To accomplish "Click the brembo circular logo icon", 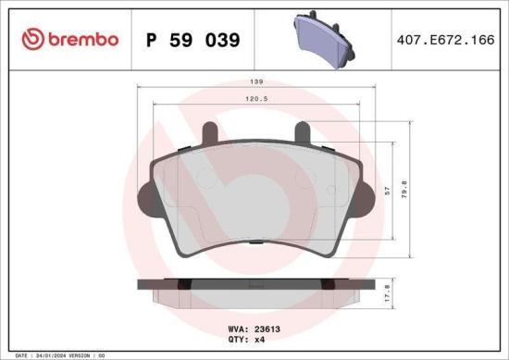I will coord(32,39).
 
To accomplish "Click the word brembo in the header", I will coord(81,39).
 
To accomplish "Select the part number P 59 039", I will coord(193,40).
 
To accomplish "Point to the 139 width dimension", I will coord(254,81).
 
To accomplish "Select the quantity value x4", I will coord(261,340).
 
